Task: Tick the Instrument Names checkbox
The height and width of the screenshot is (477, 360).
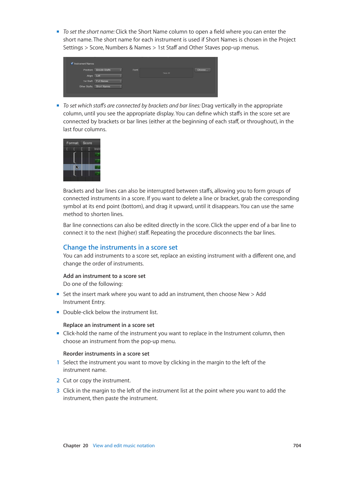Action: pyautogui.click(x=72, y=63)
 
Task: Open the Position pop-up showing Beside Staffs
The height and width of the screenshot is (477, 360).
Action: pyautogui.click(x=108, y=70)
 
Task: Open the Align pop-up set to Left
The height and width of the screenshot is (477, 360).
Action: pyautogui.click(x=108, y=76)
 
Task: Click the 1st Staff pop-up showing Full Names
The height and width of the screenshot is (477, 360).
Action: pyautogui.click(x=108, y=81)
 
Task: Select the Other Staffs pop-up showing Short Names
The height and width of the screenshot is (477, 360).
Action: pyautogui.click(x=108, y=86)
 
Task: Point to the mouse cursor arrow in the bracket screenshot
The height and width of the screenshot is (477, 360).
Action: pyautogui.click(x=77, y=167)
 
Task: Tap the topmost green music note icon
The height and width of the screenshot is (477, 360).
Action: pyautogui.click(x=98, y=154)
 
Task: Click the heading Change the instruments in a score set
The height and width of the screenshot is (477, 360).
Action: pyautogui.click(x=120, y=247)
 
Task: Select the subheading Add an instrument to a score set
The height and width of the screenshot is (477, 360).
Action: pyautogui.click(x=104, y=276)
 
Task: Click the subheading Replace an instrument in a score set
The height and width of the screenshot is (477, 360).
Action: pyautogui.click(x=109, y=325)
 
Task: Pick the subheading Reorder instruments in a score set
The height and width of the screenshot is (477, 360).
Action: pyautogui.click(x=106, y=354)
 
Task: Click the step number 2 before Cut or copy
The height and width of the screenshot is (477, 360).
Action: pyautogui.click(x=58, y=380)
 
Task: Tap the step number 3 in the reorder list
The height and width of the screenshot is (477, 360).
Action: pyautogui.click(x=58, y=391)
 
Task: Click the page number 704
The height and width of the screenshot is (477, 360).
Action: pyautogui.click(x=297, y=446)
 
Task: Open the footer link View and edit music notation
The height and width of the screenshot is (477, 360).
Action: pyautogui.click(x=124, y=446)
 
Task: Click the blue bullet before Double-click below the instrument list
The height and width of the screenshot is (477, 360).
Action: pyautogui.click(x=58, y=312)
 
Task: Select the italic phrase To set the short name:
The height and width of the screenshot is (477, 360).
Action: pyautogui.click(x=89, y=32)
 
